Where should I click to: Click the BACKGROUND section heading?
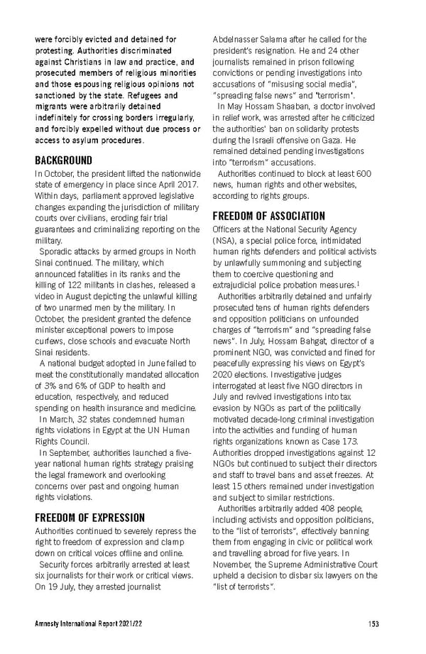pyautogui.click(x=63, y=160)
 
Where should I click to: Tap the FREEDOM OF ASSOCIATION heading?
pyautogui.click(x=269, y=216)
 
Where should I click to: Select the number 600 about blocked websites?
pyautogui.click(x=362, y=174)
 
